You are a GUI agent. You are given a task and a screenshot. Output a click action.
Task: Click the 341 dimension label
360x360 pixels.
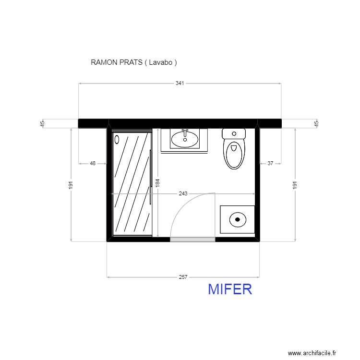(180, 83)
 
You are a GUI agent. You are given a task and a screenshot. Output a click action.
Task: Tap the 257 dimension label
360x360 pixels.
(183, 277)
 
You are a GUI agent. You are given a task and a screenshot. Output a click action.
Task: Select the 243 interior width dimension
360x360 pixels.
(183, 194)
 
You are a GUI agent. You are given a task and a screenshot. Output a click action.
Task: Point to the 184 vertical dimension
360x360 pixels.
(157, 182)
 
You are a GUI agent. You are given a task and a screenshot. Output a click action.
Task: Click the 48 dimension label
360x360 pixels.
(93, 163)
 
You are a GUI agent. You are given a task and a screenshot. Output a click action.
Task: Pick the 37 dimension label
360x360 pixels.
(270, 163)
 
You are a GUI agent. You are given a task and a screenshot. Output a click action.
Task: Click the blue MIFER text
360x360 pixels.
(230, 289)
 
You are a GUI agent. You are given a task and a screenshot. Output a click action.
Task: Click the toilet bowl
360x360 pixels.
(234, 154)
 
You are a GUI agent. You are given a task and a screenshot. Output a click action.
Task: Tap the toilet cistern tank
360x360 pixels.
(234, 133)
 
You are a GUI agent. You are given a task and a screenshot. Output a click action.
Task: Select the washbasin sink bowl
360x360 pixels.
(184, 139)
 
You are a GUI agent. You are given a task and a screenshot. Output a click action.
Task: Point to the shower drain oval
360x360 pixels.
(117, 140)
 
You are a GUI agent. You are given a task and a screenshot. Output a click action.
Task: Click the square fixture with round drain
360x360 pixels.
(237, 219)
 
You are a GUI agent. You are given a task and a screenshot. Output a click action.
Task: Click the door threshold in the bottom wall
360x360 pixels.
(192, 239)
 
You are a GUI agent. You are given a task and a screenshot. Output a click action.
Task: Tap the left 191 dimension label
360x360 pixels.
(71, 185)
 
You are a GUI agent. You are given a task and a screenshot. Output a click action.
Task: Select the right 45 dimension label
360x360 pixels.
(316, 123)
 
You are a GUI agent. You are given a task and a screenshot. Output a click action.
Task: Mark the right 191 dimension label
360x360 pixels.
(295, 185)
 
